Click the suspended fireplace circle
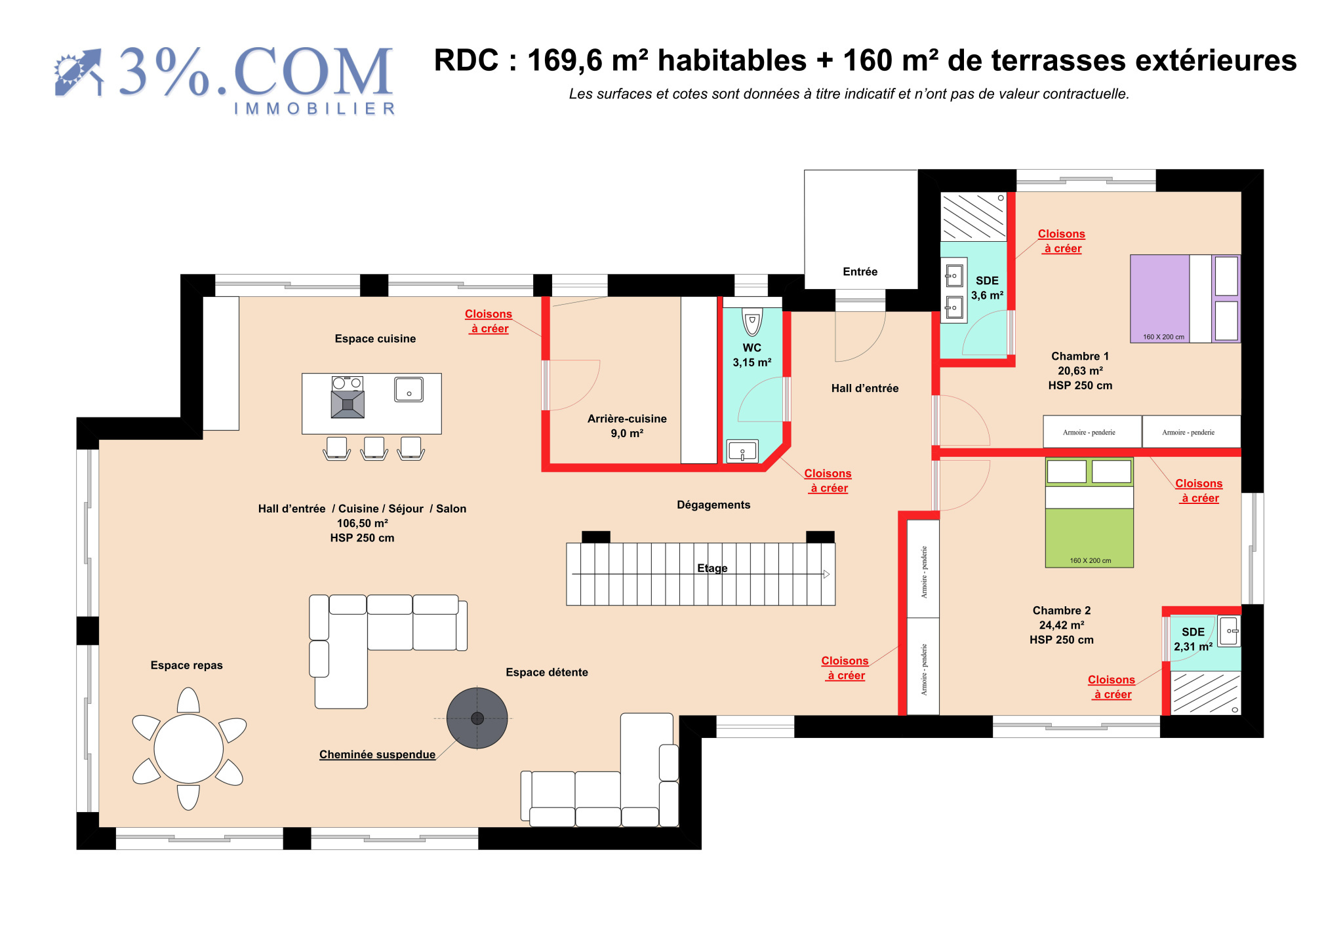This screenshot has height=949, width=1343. (x=477, y=718)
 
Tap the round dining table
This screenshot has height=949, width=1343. (x=188, y=748)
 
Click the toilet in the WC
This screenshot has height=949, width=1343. (x=752, y=322)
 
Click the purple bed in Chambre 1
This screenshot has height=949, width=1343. (x=1185, y=298)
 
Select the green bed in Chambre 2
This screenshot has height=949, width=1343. (x=1089, y=512)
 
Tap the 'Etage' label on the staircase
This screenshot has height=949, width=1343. (x=712, y=568)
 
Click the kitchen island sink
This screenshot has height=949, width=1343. (x=409, y=389)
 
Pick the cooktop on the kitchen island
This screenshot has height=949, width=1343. (x=348, y=397)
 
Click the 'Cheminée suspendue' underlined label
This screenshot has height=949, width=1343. (x=377, y=754)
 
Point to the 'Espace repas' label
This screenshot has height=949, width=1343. (x=187, y=665)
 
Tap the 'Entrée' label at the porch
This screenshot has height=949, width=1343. (x=860, y=271)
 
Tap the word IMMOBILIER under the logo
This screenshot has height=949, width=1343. (x=315, y=109)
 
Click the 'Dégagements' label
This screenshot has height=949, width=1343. (x=713, y=505)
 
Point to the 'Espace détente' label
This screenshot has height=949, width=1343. (x=547, y=672)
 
